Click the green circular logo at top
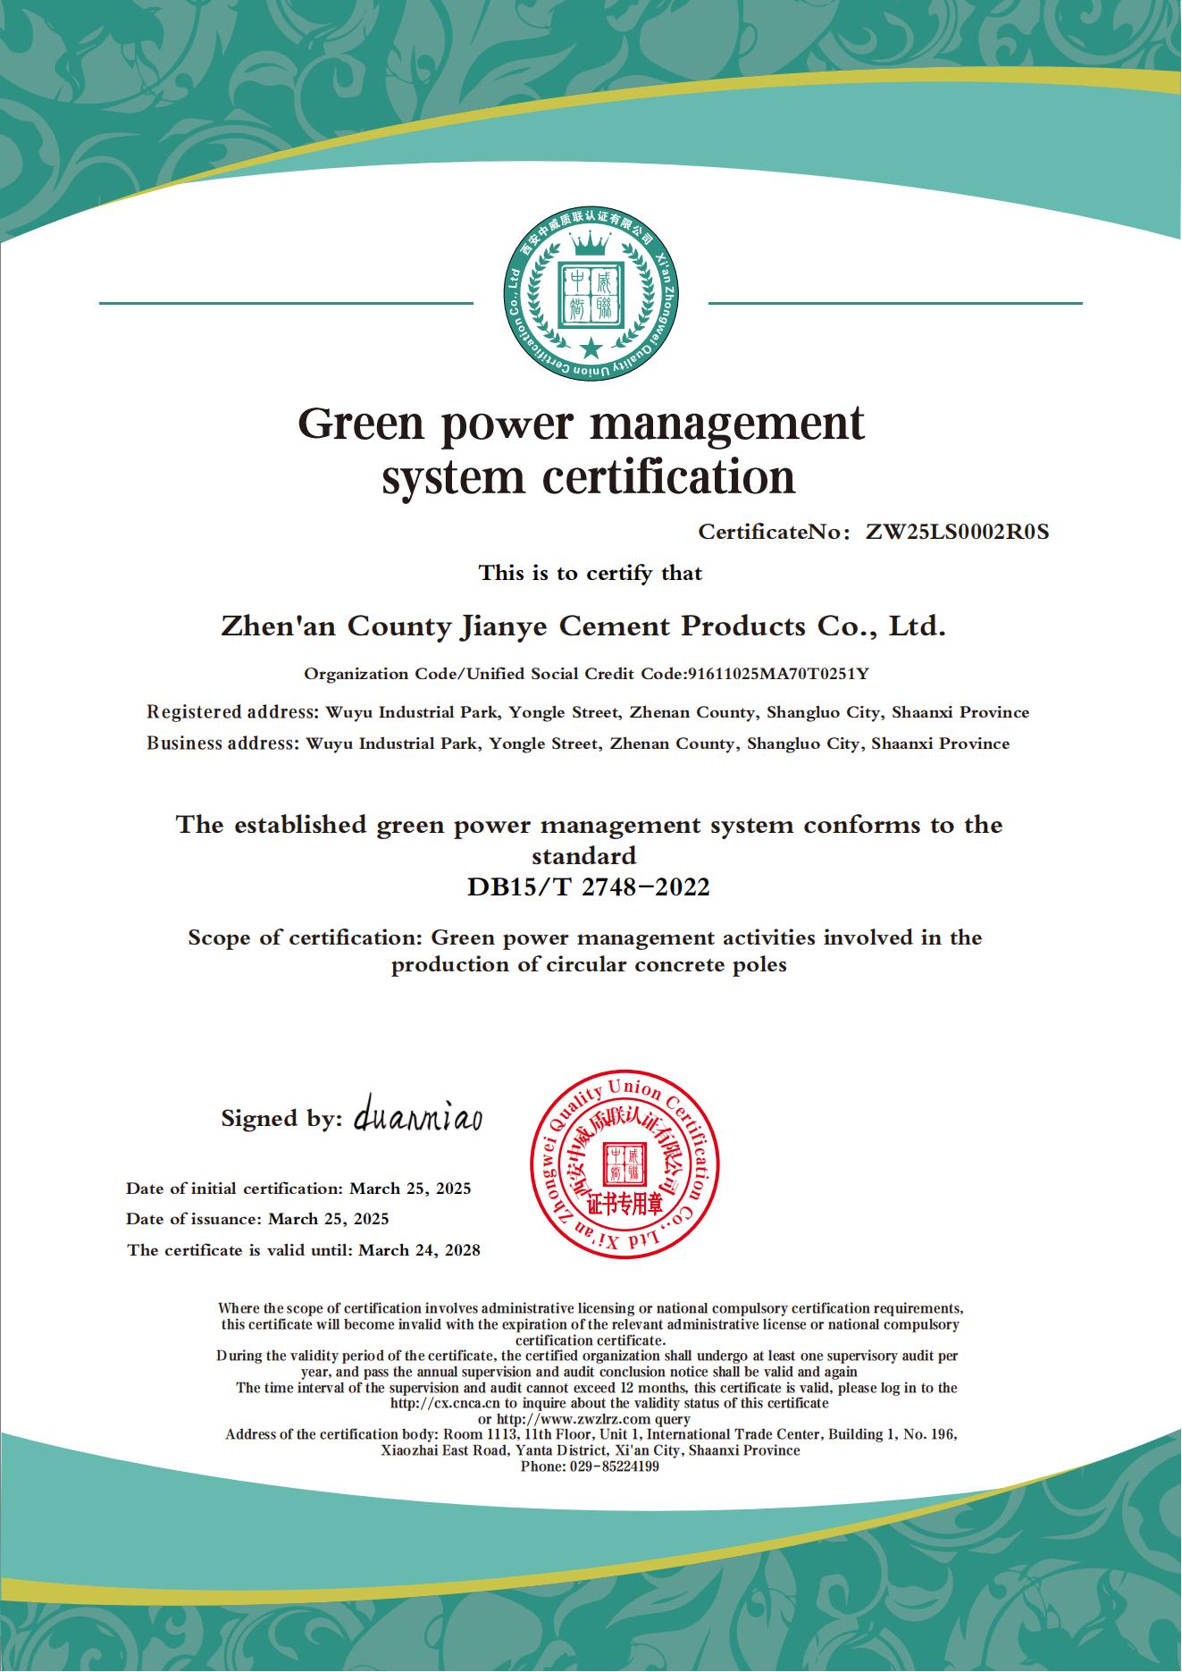[590, 302]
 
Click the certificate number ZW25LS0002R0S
[957, 533]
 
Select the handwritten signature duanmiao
[418, 1117]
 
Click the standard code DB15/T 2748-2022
[589, 887]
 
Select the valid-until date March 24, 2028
[419, 1250]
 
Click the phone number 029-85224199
[614, 1466]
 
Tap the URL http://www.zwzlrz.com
[576, 1419]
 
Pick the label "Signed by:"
[281, 1119]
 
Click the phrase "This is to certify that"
[591, 573]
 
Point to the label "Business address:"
[222, 744]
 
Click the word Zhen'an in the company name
[279, 626]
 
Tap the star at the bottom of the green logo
[590, 347]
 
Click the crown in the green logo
[590, 241]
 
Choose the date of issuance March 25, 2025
[329, 1219]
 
